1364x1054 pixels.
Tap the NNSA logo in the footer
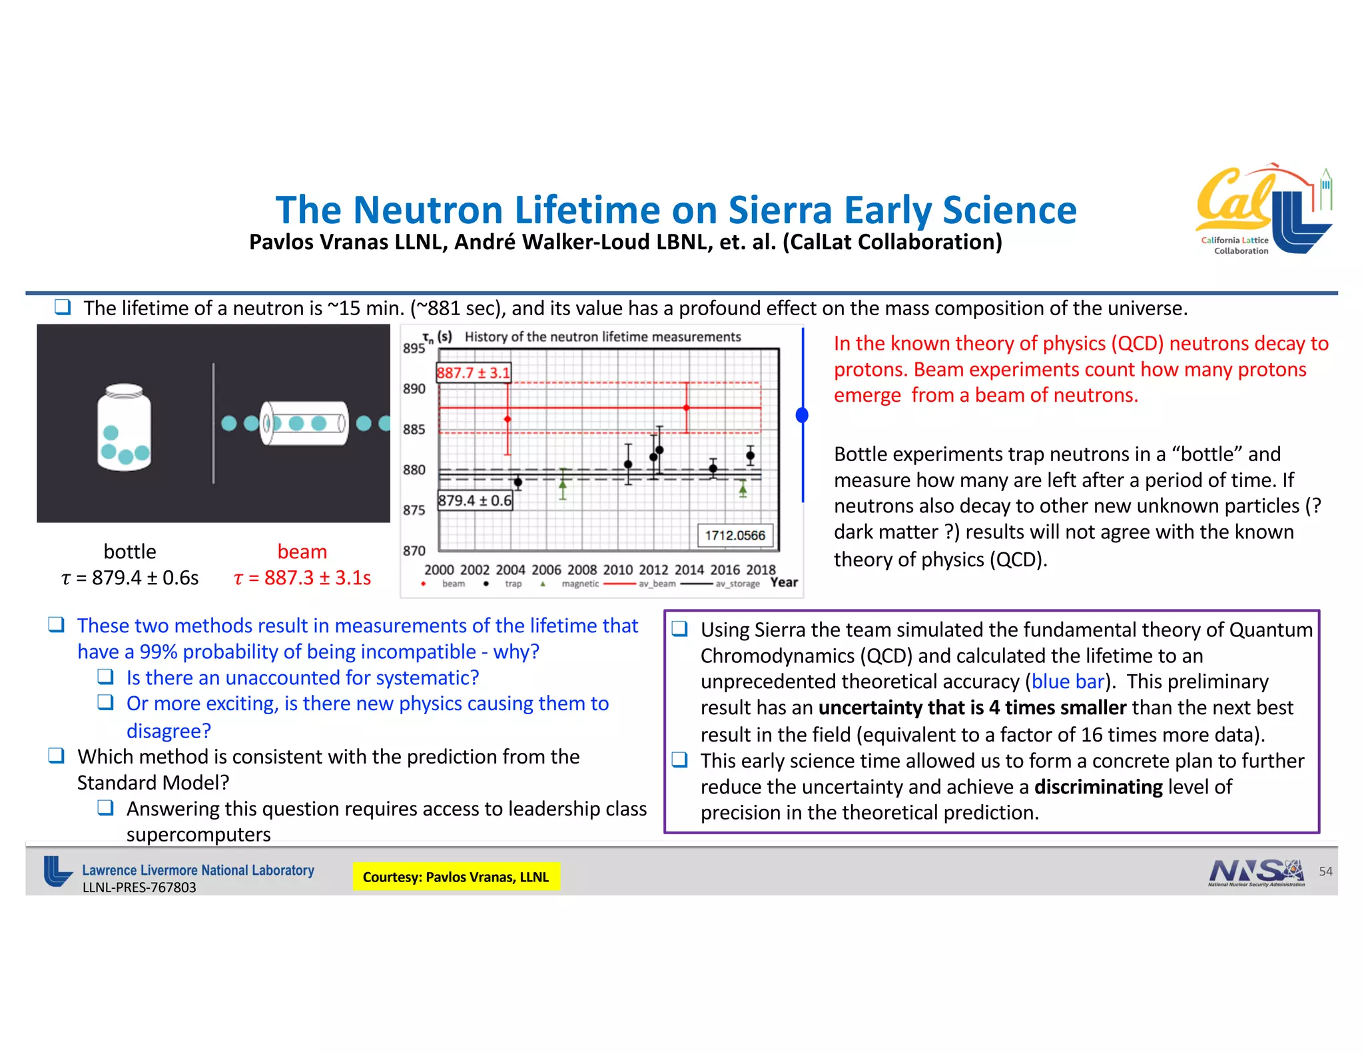click(1255, 872)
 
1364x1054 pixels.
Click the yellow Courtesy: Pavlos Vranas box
click(456, 877)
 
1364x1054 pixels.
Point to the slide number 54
click(1325, 871)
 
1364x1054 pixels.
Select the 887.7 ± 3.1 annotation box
click(473, 372)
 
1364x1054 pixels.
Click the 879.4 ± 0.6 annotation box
click(474, 500)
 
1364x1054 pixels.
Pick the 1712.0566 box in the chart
click(735, 535)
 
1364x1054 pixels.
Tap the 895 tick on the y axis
click(414, 348)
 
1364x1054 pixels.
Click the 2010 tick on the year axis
click(617, 570)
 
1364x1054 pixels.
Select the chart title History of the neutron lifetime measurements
click(602, 337)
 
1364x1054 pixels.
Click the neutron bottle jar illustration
click(124, 428)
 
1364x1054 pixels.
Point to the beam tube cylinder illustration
click(304, 423)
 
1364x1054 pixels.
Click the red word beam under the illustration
click(302, 552)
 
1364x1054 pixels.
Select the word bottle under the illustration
click(130, 552)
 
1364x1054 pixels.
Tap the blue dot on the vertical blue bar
click(803, 415)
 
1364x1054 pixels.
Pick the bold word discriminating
click(1098, 787)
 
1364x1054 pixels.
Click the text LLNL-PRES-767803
click(139, 887)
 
